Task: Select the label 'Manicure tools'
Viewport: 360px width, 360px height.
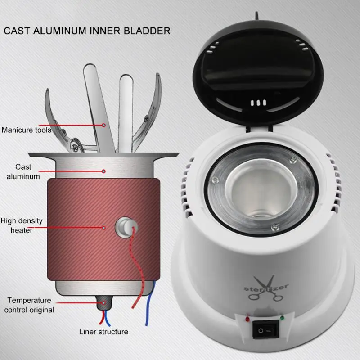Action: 26,130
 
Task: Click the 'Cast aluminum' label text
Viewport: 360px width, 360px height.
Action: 23,171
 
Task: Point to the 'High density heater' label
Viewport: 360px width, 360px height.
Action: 22,225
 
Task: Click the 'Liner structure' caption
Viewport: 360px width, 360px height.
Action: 103,332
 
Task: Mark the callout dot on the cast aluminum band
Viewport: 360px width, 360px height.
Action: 103,171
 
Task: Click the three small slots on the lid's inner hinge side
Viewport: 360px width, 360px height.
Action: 256,103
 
